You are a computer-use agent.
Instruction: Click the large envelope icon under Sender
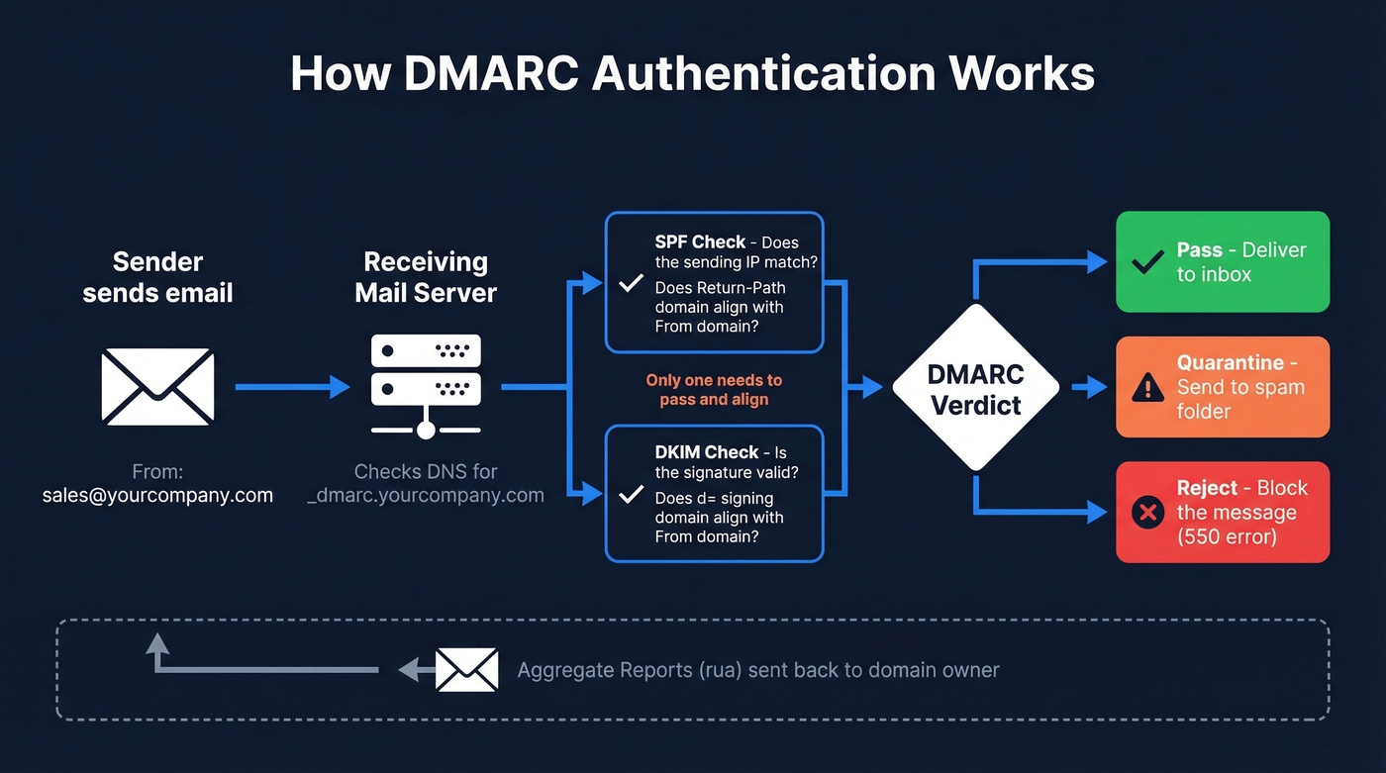click(x=157, y=387)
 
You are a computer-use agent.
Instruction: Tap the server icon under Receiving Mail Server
click(x=426, y=386)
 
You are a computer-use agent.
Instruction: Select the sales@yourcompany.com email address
click(x=157, y=495)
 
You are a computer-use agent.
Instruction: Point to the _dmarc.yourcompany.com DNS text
click(x=426, y=495)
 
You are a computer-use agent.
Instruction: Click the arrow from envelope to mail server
click(x=292, y=387)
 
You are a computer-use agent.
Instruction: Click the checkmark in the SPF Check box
click(x=631, y=284)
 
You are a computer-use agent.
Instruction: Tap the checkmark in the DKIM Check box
click(x=631, y=494)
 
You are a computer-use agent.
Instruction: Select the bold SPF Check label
click(x=700, y=242)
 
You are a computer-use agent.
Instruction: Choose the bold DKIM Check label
click(x=706, y=452)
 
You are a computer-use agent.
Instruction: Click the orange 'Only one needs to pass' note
click(x=714, y=390)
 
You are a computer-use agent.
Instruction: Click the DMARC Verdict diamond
click(x=976, y=387)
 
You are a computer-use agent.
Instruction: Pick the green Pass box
click(x=1223, y=262)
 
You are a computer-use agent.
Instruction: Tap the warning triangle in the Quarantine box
click(x=1147, y=387)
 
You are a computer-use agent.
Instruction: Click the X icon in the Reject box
click(x=1147, y=513)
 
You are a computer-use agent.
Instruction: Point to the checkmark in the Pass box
click(x=1147, y=262)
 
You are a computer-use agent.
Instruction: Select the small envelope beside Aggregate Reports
click(x=466, y=670)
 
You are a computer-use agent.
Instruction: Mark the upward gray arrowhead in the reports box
click(x=157, y=645)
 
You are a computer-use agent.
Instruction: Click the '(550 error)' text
click(x=1227, y=537)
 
